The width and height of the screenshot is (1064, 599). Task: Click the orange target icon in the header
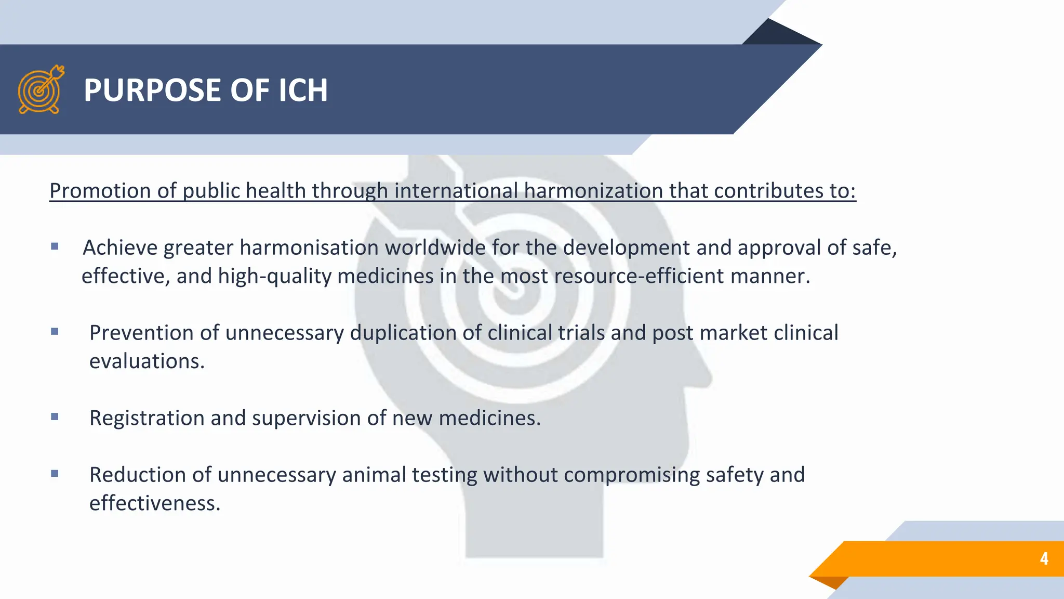(x=41, y=89)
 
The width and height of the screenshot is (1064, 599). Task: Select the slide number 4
(x=1044, y=558)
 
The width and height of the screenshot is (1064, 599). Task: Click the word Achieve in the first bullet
(x=120, y=248)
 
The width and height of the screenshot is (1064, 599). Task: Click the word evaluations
(x=147, y=361)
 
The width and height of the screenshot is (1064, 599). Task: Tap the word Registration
(x=147, y=418)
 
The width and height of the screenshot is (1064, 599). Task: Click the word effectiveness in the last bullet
(x=155, y=503)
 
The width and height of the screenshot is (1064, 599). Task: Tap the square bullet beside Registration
(x=55, y=416)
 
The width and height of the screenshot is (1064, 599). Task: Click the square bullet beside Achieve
(x=55, y=246)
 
